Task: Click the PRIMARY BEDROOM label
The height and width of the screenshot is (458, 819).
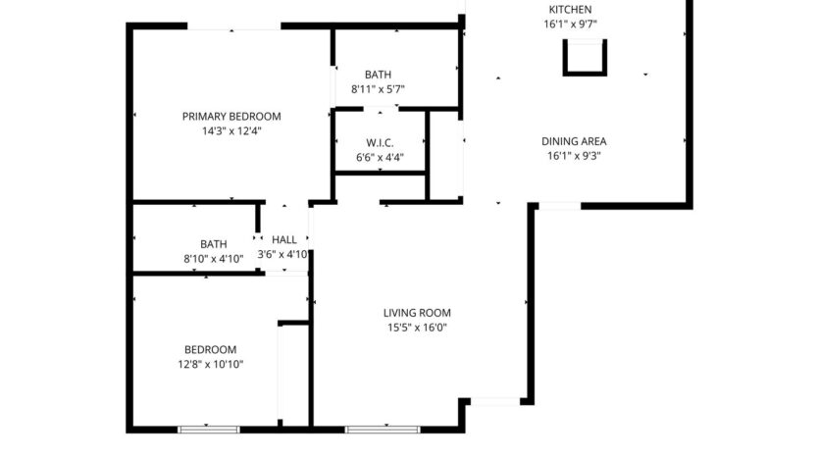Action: pos(231,116)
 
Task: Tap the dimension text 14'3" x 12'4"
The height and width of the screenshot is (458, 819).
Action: pos(231,129)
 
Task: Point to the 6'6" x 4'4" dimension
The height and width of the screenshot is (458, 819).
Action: pos(380,157)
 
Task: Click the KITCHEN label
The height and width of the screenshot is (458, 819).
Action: pos(569,10)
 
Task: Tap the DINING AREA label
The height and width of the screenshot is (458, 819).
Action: pos(575,140)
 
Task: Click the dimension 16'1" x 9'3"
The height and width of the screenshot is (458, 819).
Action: pos(575,155)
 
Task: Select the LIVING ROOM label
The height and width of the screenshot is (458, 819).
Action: pos(417,314)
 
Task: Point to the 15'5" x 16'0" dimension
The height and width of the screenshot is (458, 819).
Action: pos(417,329)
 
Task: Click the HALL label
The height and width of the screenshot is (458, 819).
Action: pos(284,239)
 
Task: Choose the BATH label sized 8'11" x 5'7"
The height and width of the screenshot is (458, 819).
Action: pos(379,75)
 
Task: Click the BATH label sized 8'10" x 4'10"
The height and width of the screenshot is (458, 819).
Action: pos(214,244)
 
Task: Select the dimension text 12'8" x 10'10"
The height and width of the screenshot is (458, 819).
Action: pos(211,364)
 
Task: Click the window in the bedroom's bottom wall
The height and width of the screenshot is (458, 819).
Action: pos(208,429)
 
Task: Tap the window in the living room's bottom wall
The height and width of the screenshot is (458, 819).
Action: pos(383,429)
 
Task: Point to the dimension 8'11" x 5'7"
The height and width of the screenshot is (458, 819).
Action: pos(379,89)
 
